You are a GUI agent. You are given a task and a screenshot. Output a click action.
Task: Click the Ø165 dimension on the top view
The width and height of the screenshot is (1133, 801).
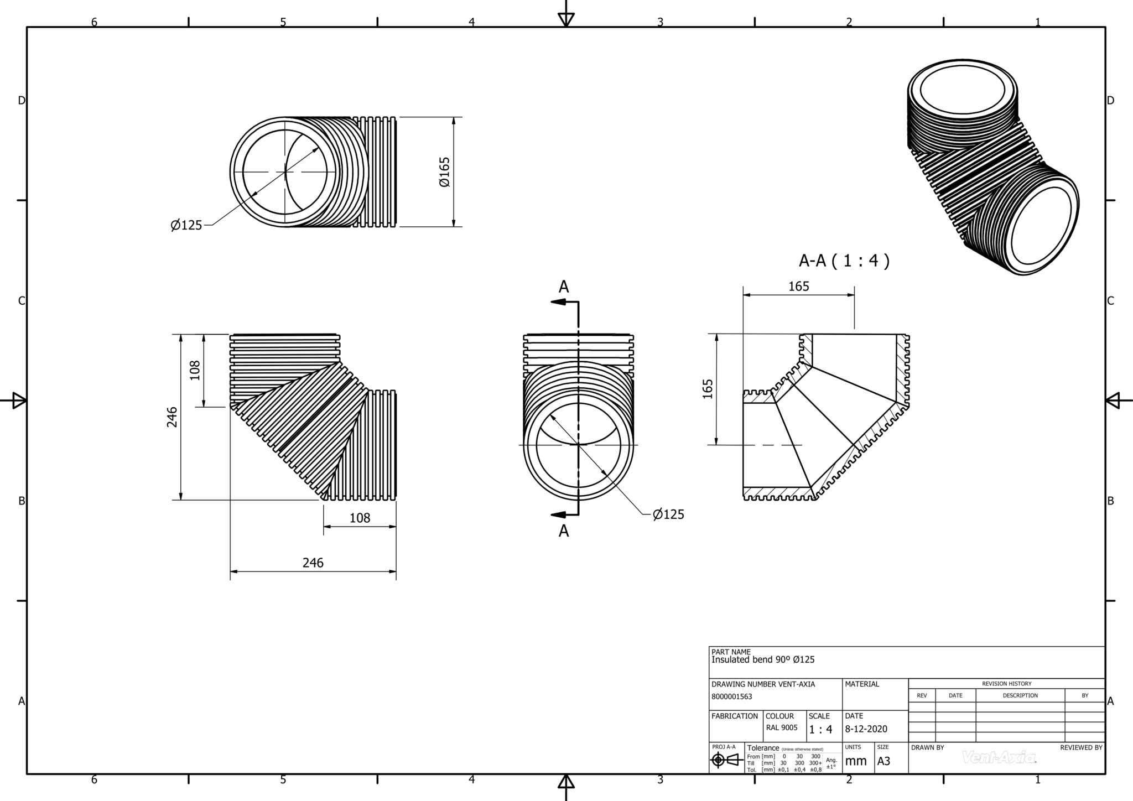[445, 172]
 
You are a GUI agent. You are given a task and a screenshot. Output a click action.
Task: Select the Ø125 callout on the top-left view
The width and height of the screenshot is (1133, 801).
[186, 225]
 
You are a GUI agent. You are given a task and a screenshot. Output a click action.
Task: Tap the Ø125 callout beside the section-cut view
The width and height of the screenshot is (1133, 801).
[668, 514]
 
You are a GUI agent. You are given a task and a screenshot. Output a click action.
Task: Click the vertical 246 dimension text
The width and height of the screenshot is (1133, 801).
[172, 417]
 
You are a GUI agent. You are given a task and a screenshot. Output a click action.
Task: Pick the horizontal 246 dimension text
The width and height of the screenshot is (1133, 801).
[313, 563]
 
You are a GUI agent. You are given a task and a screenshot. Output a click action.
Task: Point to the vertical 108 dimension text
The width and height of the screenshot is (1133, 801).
[195, 370]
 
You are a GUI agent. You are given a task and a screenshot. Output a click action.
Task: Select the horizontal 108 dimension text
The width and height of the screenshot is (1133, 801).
[360, 518]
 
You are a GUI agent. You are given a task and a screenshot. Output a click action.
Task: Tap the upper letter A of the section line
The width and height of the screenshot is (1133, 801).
[564, 287]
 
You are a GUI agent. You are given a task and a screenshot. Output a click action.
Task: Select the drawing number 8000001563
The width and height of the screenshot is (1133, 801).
[731, 696]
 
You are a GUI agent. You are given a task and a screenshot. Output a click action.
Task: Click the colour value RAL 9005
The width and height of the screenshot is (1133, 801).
[781, 727]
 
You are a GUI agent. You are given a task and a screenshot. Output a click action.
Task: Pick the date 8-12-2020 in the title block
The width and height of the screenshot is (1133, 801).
[866, 729]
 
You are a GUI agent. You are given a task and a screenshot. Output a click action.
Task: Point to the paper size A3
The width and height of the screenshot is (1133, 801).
[883, 761]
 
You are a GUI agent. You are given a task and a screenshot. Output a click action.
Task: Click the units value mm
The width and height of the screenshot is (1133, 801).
[855, 761]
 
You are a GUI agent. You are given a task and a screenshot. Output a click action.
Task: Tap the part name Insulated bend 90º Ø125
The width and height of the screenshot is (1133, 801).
[762, 659]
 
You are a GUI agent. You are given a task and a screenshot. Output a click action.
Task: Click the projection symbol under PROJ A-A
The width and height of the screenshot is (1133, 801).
[726, 760]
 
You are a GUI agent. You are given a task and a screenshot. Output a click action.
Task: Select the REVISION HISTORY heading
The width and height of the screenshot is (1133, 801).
[1006, 684]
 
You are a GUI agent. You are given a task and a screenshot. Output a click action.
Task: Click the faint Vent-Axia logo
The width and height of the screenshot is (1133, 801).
[999, 757]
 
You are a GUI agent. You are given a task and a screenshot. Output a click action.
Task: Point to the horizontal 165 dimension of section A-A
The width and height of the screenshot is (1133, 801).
[798, 286]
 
